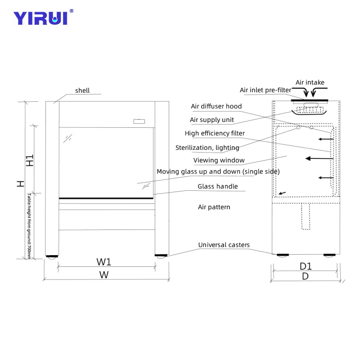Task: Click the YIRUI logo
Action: click(40, 18)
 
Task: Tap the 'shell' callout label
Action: click(82, 90)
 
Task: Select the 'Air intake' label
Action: click(310, 82)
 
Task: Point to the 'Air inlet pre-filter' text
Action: click(265, 90)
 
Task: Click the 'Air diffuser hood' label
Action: click(216, 106)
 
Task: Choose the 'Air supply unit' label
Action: click(211, 120)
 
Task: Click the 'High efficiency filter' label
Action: click(215, 133)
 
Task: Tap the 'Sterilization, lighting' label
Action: click(207, 148)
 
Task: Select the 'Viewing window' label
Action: click(219, 160)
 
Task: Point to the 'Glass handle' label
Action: click(217, 186)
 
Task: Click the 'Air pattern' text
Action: click(214, 207)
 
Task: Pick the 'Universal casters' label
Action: click(224, 245)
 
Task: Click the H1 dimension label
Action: click(30, 161)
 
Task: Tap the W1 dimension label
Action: click(104, 261)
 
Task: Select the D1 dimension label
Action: click(306, 266)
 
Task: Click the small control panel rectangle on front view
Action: click(139, 121)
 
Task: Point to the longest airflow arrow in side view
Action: click(319, 158)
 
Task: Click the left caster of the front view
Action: click(52, 256)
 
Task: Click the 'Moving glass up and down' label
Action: click(218, 171)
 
